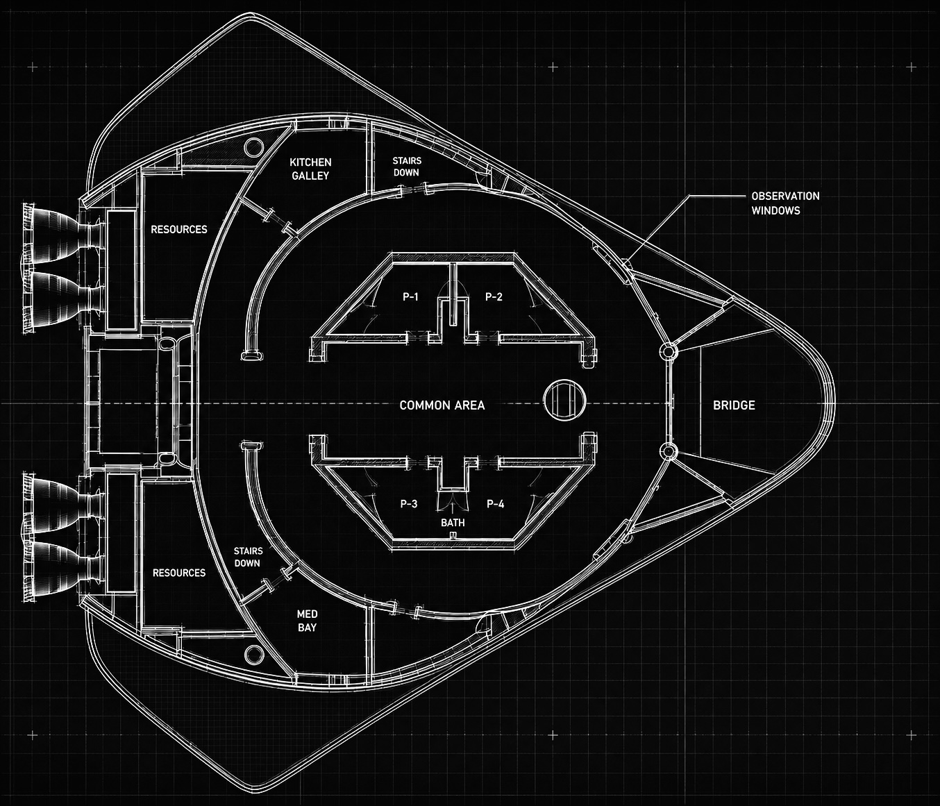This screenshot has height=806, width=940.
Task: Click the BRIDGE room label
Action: (734, 405)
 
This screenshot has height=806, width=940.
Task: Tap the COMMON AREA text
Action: (442, 405)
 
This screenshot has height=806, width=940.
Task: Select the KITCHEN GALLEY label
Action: (310, 169)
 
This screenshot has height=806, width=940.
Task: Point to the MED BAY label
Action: (307, 621)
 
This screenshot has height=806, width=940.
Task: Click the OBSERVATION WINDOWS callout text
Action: (785, 203)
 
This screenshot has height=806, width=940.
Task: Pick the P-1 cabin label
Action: (411, 297)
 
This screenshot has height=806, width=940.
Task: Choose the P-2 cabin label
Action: (494, 297)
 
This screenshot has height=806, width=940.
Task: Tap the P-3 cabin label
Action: (409, 504)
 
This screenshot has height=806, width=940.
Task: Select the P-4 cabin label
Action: (495, 504)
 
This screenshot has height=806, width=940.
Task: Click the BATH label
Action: (453, 523)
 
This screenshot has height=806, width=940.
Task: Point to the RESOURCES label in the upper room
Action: (178, 230)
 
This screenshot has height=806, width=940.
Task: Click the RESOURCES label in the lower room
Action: (178, 573)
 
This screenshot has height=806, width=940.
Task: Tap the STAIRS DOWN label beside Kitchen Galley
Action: (407, 167)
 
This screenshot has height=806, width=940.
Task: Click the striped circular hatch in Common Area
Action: (564, 401)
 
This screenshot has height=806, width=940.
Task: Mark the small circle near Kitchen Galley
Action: (253, 147)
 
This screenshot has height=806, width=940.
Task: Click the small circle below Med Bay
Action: (253, 655)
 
